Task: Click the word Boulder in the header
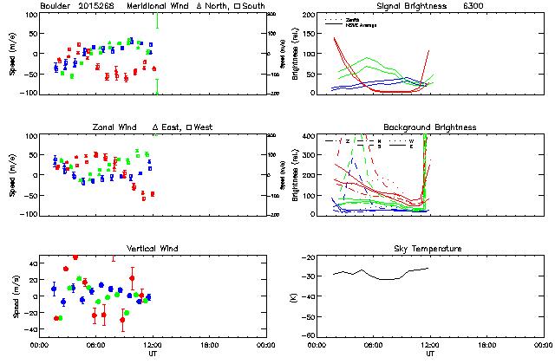pos(57,6)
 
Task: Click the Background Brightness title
pos(429,127)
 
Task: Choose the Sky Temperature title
pos(430,249)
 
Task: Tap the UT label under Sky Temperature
pos(430,354)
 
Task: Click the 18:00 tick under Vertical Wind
pos(210,344)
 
